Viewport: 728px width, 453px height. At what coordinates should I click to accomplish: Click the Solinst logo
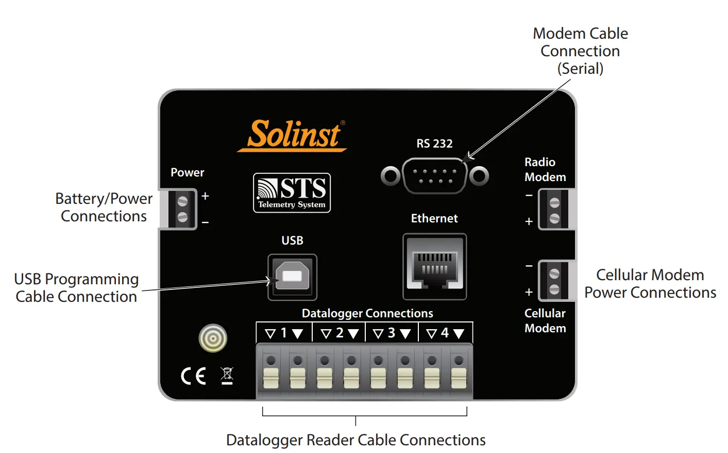[x=292, y=135]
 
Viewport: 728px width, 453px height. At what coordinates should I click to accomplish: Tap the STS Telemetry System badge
[x=292, y=193]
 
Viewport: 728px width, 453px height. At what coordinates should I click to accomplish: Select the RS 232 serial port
[x=434, y=176]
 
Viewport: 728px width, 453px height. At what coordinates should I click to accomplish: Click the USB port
[x=292, y=277]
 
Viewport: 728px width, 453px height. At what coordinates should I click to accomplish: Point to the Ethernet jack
[x=434, y=266]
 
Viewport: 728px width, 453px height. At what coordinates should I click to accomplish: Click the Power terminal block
[x=182, y=209]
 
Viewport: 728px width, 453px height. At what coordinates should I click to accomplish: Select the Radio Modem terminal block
[x=554, y=209]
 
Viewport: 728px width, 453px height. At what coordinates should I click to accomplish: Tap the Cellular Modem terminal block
[x=554, y=280]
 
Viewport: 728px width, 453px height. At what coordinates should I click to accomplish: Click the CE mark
[x=193, y=376]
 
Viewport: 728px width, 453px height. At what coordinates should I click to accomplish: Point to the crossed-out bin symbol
[x=227, y=375]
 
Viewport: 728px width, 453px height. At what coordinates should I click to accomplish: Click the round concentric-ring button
[x=213, y=338]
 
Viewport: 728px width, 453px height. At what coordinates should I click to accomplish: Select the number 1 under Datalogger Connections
[x=283, y=333]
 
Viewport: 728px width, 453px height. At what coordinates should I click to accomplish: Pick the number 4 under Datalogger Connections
[x=445, y=333]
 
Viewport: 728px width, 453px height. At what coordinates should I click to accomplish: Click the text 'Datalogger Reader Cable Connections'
[x=355, y=440]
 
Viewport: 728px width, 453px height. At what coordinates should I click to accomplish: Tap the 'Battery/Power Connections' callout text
[x=104, y=207]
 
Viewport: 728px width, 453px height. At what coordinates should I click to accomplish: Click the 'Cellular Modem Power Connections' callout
[x=650, y=284]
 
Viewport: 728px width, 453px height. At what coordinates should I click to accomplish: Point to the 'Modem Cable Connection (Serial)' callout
[x=580, y=51]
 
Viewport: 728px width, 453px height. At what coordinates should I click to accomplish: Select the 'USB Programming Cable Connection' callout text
[x=76, y=288]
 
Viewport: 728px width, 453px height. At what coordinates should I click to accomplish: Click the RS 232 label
[x=434, y=143]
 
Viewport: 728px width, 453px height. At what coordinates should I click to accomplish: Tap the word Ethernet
[x=434, y=218]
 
